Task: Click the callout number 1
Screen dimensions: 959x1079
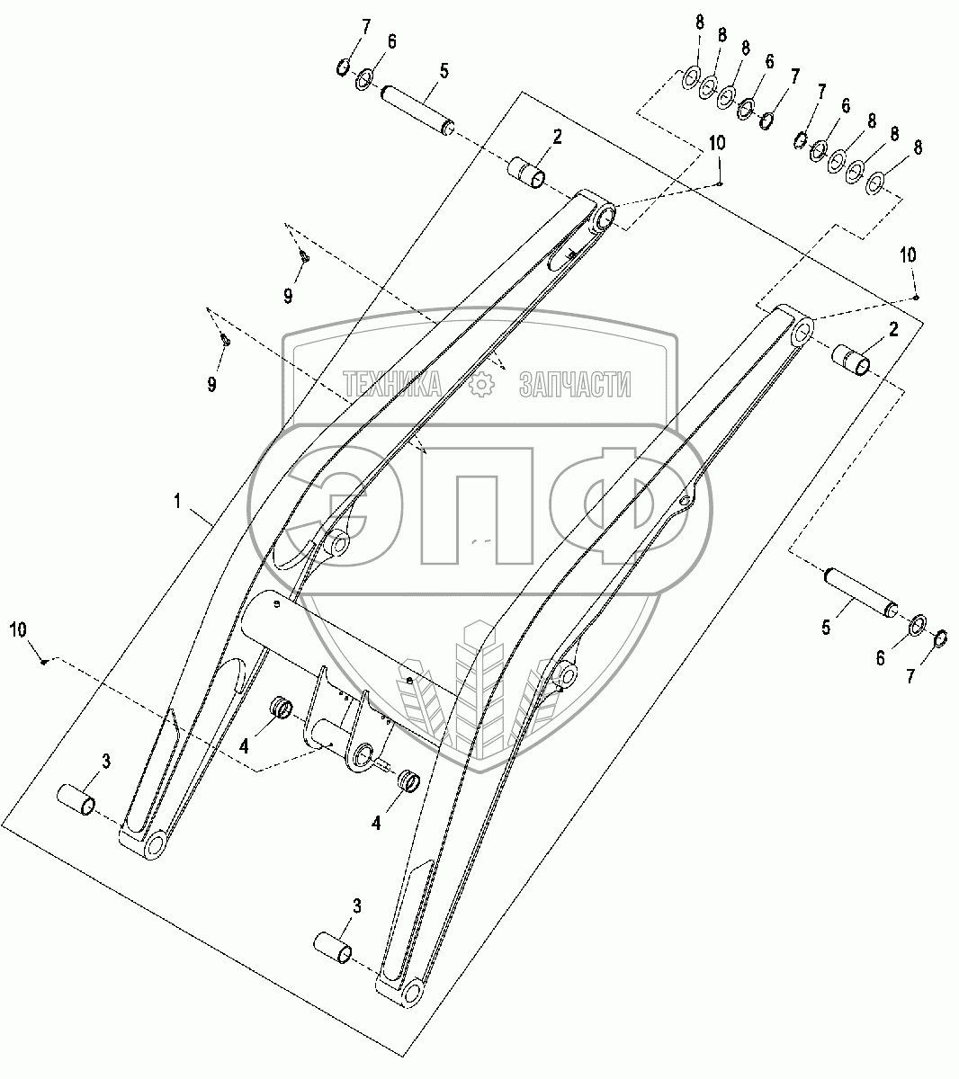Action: pos(178,501)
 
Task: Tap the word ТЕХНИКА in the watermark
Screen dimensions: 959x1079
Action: pos(392,384)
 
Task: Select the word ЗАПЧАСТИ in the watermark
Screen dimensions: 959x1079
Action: pos(576,384)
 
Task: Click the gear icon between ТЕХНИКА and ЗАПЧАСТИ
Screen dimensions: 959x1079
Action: pos(481,384)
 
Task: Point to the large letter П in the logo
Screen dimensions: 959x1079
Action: pos(477,505)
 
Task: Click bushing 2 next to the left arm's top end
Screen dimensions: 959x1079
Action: pos(525,173)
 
